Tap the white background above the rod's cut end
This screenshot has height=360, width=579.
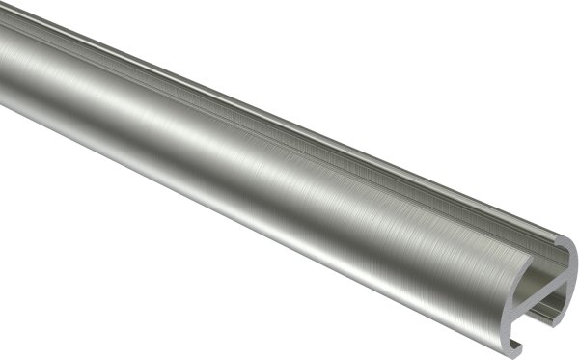pyautogui.click(x=540, y=145)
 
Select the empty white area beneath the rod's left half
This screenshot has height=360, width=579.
pyautogui.click(x=116, y=290)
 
